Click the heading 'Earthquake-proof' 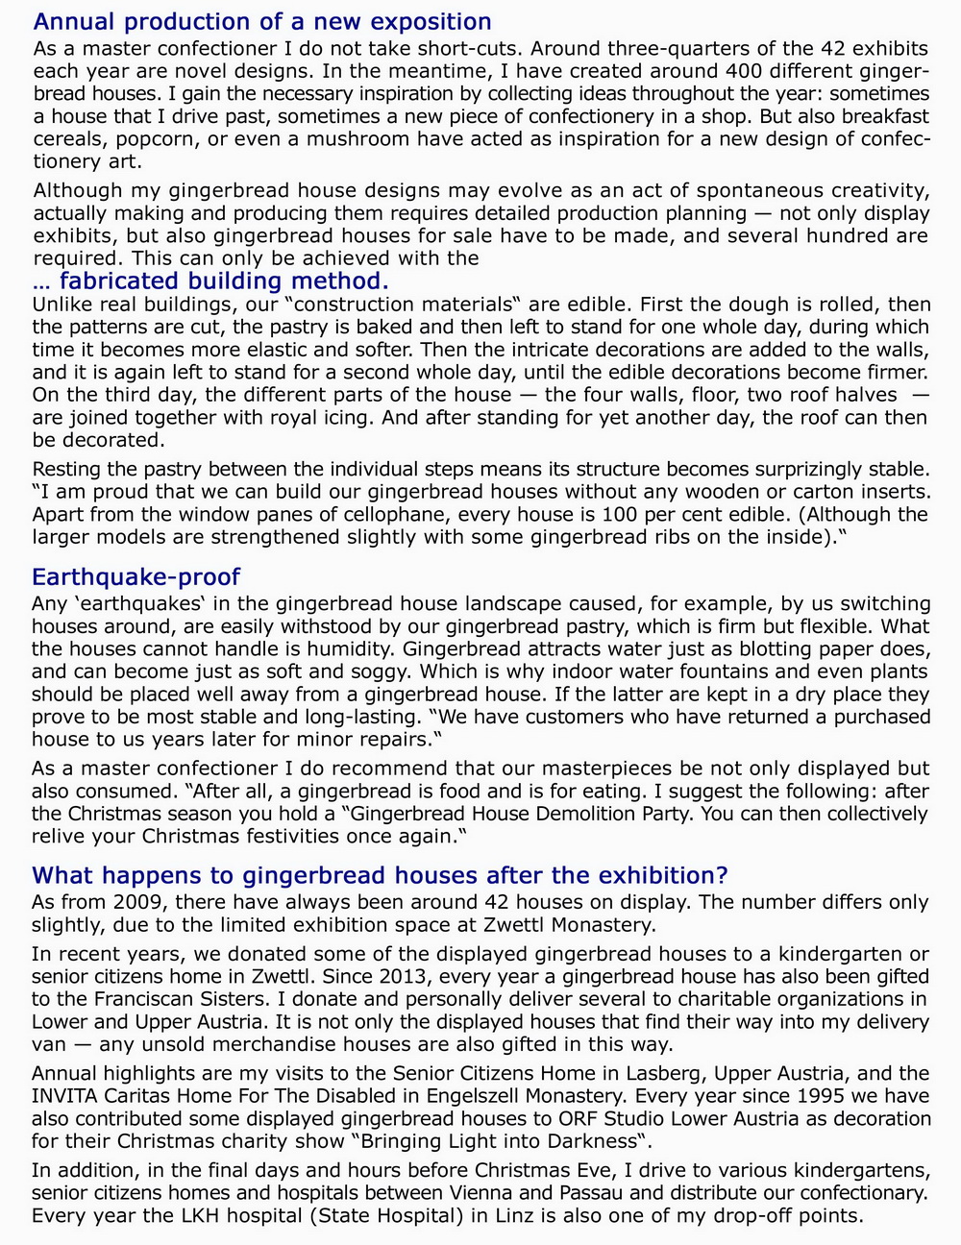point(136,576)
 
